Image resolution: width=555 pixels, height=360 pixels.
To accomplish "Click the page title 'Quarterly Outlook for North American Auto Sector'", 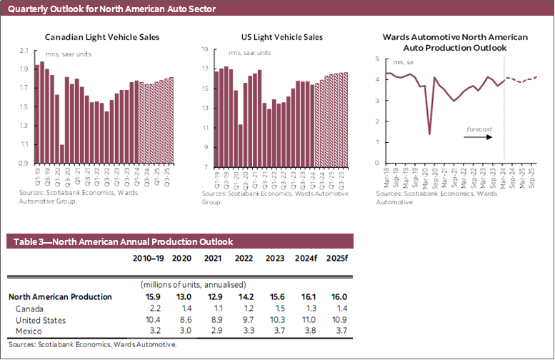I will (x=111, y=9).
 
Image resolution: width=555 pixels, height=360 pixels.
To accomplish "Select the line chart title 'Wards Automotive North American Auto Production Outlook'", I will (x=455, y=41).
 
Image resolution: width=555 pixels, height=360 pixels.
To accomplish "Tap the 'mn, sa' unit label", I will (x=396, y=63).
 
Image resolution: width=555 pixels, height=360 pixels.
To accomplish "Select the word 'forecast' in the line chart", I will (x=479, y=129).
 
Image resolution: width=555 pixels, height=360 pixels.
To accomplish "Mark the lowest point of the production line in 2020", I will (x=429, y=134).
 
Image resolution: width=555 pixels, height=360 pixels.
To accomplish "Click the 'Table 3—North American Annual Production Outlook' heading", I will (x=120, y=242).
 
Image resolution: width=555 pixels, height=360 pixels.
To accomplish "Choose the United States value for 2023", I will (x=274, y=319).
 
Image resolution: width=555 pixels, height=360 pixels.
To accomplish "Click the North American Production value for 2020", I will (x=182, y=296).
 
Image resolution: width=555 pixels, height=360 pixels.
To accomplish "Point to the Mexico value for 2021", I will (x=213, y=331).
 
